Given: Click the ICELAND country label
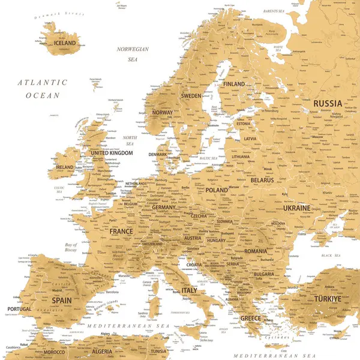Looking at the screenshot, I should [x=65, y=43].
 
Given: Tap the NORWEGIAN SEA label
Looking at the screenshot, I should [x=132, y=54].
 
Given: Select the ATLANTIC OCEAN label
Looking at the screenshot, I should [x=42, y=89].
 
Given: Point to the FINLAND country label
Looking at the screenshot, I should [x=234, y=84].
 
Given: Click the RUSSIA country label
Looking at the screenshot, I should [x=328, y=103].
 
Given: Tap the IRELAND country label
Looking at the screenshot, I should [x=64, y=167].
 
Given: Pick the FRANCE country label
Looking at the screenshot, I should [x=121, y=231].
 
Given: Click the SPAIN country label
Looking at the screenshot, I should [x=62, y=299].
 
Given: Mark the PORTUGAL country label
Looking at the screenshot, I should [x=19, y=310].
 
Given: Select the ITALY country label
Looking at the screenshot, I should [x=189, y=290].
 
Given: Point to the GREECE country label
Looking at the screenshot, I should [x=250, y=318].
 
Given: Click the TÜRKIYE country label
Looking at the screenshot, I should [x=328, y=298].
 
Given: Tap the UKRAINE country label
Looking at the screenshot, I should [x=297, y=208].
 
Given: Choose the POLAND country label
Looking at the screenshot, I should [x=217, y=190].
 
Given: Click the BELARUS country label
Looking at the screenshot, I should [x=262, y=180].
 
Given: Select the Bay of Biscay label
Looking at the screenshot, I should [x=71, y=248].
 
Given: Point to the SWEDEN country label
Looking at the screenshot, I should [x=191, y=96].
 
